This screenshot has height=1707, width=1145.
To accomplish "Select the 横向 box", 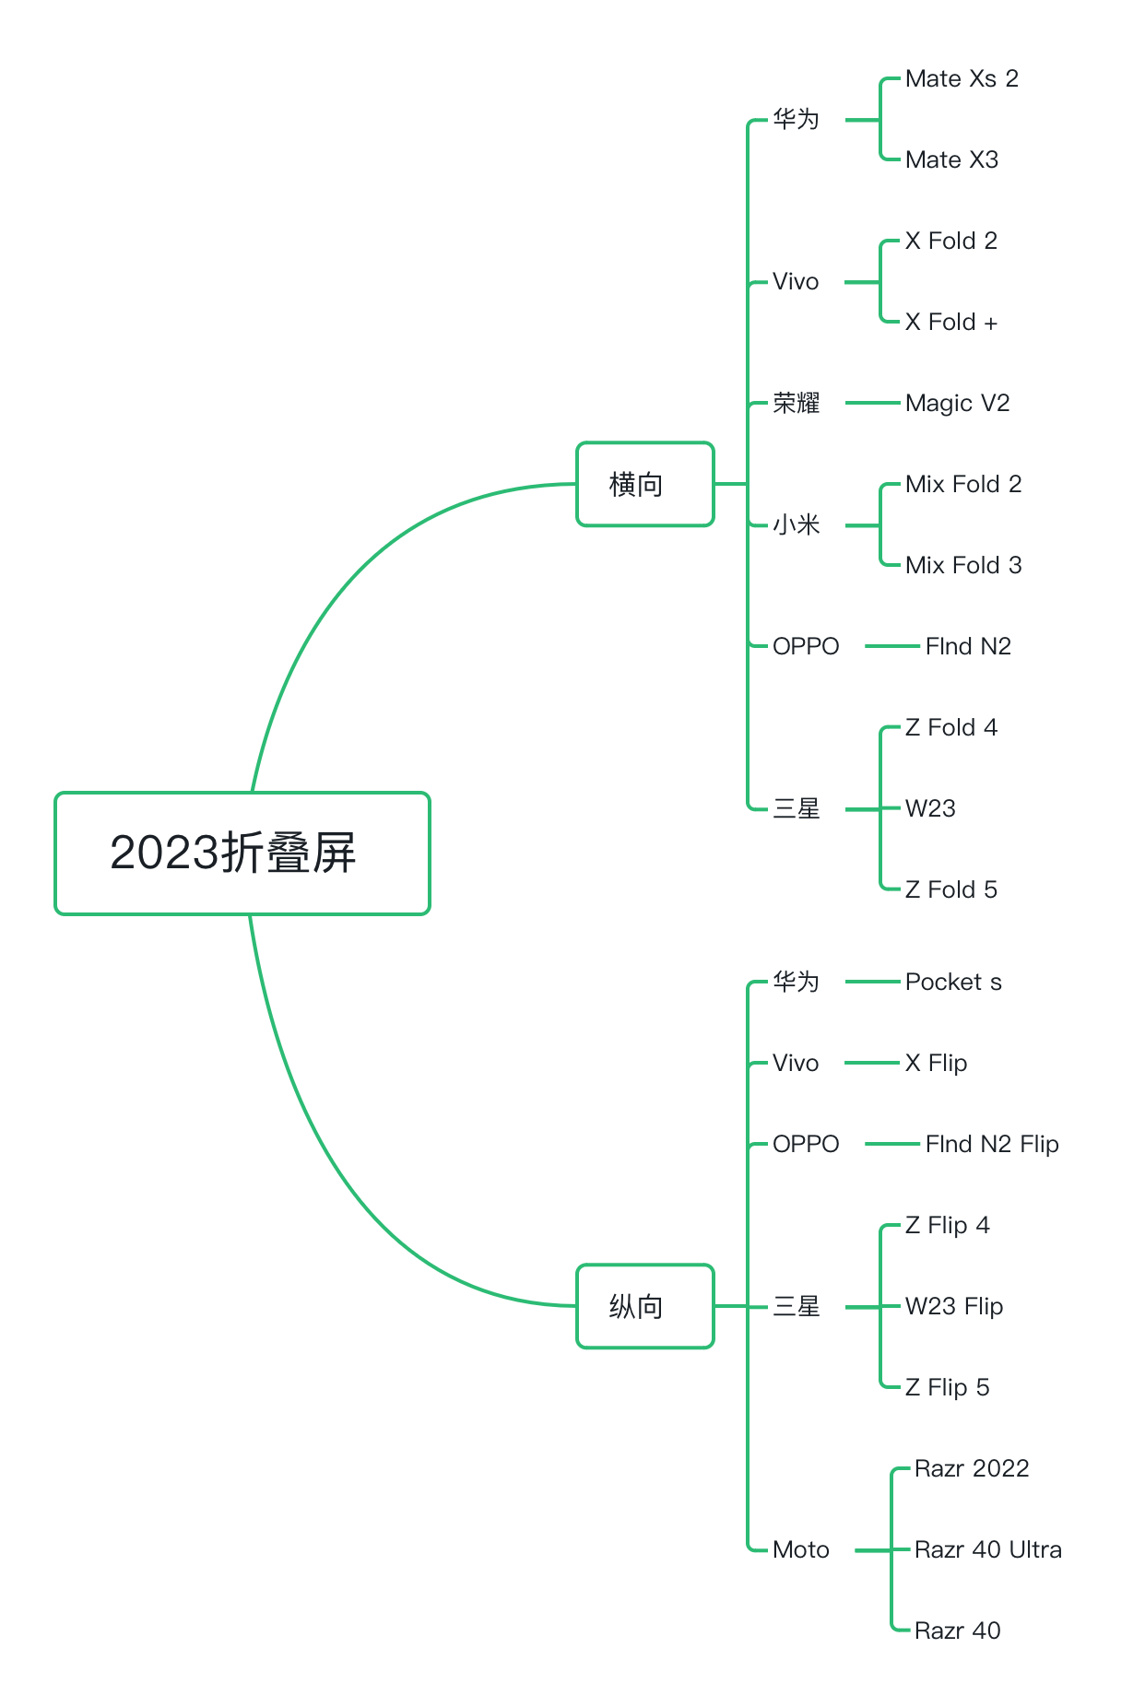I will point(644,484).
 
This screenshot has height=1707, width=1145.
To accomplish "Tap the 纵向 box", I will point(644,1306).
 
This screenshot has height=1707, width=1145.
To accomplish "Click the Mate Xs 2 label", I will point(962,79).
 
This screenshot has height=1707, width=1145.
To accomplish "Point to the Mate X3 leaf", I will point(951,160).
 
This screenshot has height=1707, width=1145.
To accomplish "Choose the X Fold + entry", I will point(950,323).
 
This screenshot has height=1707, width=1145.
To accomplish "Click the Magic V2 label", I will point(957,404).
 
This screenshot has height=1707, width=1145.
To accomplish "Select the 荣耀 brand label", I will point(796,404).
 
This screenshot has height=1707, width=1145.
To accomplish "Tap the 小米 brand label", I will point(796,525).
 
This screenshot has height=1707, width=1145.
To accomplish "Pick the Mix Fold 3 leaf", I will point(962,566).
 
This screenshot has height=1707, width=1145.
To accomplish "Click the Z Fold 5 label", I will point(950,890).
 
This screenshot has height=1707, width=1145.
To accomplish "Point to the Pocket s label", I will point(952,983).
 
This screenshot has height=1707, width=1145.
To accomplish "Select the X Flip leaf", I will point(936,1064).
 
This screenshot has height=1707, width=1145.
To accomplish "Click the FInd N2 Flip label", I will point(991,1145).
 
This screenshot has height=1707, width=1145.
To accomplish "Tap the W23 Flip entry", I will point(953,1307).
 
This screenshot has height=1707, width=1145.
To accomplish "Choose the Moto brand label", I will point(800,1550).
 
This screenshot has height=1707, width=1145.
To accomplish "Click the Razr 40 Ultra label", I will point(987,1550).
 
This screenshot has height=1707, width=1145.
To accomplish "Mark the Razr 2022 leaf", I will point(971,1469).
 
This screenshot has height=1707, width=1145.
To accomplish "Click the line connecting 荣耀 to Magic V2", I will point(872,403).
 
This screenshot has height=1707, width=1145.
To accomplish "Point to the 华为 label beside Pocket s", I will point(796,983).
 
